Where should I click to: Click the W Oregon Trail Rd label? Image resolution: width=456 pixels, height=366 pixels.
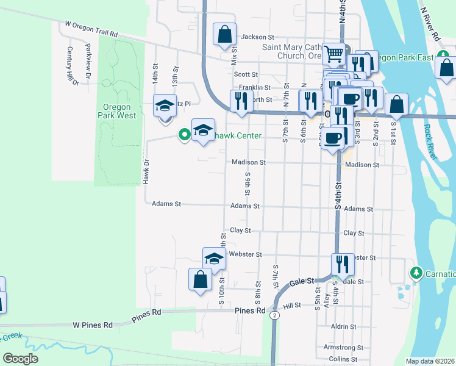(91, 30)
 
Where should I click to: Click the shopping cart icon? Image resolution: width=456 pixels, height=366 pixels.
(333, 54)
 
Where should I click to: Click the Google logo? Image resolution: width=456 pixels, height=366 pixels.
(20, 358)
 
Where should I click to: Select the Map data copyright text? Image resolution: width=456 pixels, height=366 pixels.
(430, 361)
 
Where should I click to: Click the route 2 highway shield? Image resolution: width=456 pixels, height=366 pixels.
(276, 315)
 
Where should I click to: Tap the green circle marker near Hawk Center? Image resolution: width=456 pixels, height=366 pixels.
(183, 134)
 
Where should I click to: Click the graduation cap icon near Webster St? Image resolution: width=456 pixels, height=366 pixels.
(214, 257)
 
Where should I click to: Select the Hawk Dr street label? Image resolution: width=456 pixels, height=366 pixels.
(146, 172)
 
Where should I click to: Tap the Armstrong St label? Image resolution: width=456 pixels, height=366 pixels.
(343, 347)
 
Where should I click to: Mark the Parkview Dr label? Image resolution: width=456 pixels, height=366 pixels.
(88, 61)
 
